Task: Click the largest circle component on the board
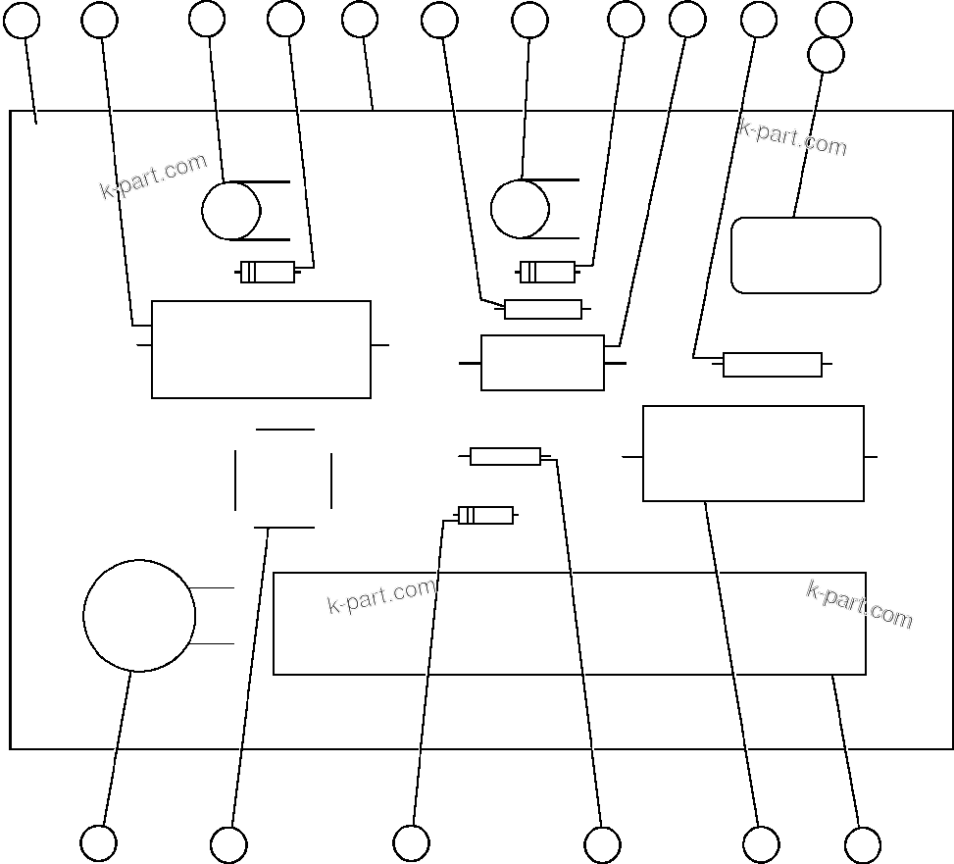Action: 139,616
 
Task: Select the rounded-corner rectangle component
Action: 806,255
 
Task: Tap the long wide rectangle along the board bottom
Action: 569,624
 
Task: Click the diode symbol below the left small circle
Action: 268,273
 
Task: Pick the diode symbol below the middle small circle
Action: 547,272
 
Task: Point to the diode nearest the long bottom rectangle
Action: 485,515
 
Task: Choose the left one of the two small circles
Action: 231,211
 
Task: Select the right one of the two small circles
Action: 520,209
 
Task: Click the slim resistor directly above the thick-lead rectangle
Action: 543,310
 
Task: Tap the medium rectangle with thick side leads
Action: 542,363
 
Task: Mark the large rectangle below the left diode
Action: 261,349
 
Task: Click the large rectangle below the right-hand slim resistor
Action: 753,453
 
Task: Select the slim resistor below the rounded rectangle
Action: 773,365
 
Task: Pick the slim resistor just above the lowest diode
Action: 505,456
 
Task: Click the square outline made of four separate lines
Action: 283,479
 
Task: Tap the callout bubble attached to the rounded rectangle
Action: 827,54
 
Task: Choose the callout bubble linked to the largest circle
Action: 98,843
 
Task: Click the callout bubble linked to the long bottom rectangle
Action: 863,844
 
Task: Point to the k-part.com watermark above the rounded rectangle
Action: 792,137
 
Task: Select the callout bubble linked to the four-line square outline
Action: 228,844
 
